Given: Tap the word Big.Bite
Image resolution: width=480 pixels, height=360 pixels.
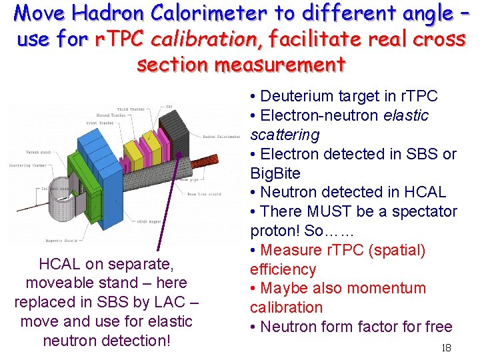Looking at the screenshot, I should point(275,173).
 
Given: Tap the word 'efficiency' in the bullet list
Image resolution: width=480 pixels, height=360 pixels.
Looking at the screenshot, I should point(283,269).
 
